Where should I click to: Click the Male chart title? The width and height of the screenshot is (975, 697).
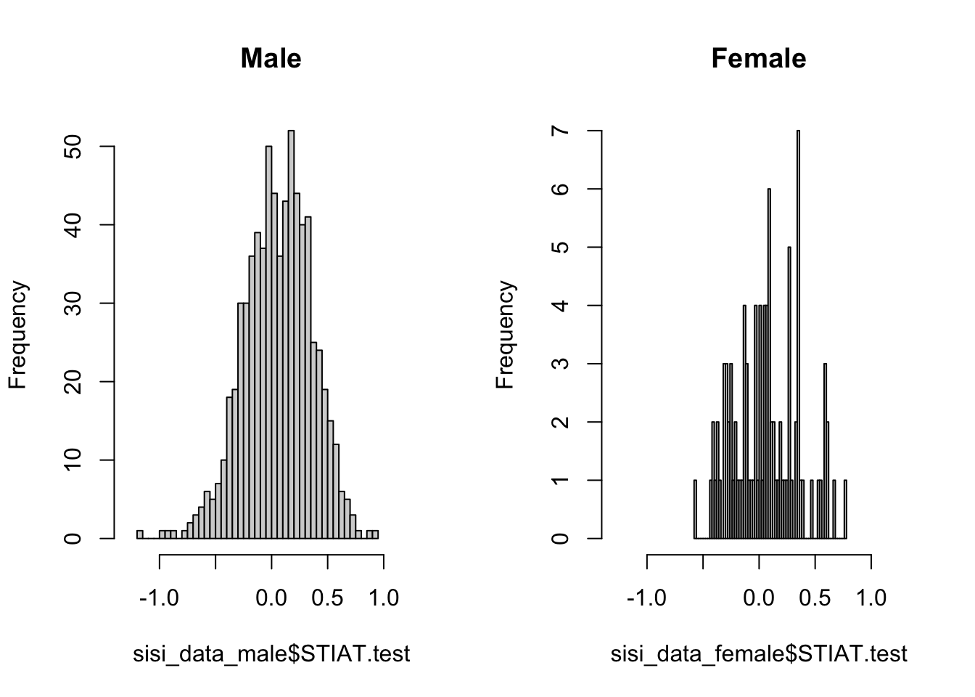pyautogui.click(x=271, y=58)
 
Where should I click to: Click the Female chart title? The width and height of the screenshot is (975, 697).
pyautogui.click(x=758, y=58)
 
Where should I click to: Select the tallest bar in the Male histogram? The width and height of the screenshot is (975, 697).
pyautogui.click(x=291, y=334)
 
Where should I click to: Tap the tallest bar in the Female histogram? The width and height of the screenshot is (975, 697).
pyautogui.click(x=798, y=334)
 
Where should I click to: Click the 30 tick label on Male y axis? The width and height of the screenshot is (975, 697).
pyautogui.click(x=73, y=303)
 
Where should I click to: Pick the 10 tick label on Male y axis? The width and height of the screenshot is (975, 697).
pyautogui.click(x=73, y=460)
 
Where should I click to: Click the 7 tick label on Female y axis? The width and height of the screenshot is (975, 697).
pyautogui.click(x=560, y=131)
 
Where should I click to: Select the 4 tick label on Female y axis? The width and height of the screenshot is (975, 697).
pyautogui.click(x=560, y=306)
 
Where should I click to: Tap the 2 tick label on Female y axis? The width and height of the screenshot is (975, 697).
pyautogui.click(x=560, y=422)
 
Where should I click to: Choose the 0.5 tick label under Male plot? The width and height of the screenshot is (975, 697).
pyautogui.click(x=327, y=598)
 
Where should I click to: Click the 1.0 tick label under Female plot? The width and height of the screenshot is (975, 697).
pyautogui.click(x=871, y=598)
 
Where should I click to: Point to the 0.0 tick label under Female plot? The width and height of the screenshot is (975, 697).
pyautogui.click(x=759, y=598)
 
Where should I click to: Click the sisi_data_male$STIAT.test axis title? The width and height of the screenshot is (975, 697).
pyautogui.click(x=271, y=654)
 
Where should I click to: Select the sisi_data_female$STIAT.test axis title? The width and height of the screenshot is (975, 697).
pyautogui.click(x=759, y=654)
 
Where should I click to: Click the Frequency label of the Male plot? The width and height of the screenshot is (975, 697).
pyautogui.click(x=18, y=335)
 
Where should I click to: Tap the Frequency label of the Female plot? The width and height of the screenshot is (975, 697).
pyautogui.click(x=506, y=335)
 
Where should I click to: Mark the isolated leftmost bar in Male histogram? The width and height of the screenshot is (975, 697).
pyautogui.click(x=140, y=534)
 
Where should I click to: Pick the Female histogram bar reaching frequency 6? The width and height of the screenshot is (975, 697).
pyautogui.click(x=769, y=363)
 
